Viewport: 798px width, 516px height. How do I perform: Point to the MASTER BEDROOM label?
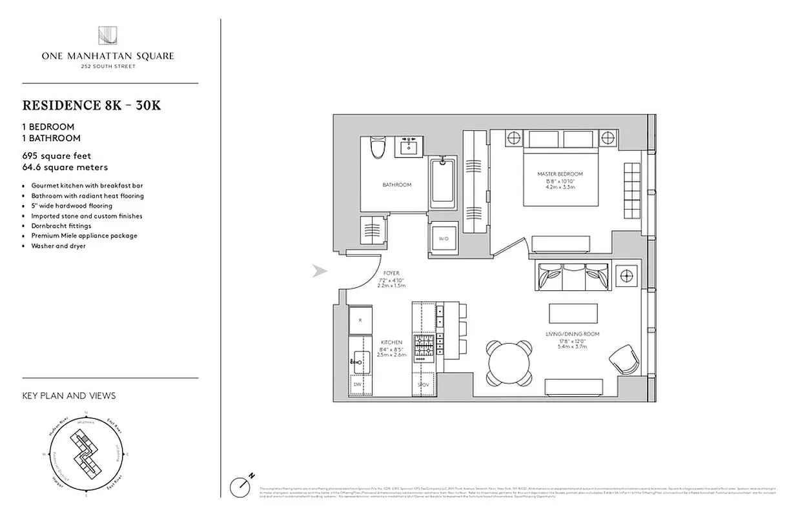click(560, 175)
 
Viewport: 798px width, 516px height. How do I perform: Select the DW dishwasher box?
click(357, 384)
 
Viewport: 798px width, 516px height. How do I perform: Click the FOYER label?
click(391, 273)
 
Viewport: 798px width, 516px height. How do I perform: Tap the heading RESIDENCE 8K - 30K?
click(91, 105)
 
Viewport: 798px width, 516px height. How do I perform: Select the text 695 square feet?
click(57, 155)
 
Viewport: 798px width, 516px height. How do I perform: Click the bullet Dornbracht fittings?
click(61, 226)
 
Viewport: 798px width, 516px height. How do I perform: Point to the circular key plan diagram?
click(87, 455)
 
